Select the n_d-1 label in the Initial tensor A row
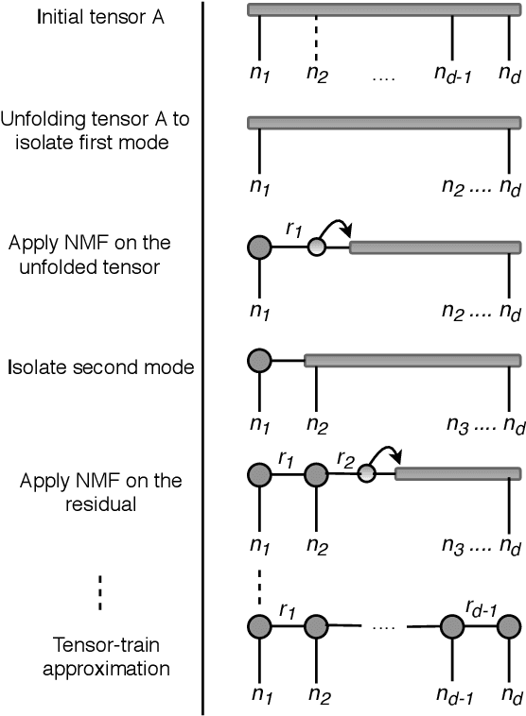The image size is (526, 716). pyautogui.click(x=453, y=72)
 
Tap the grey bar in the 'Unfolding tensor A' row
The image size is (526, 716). pyautogui.click(x=383, y=123)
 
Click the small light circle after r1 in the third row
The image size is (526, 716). pyautogui.click(x=317, y=247)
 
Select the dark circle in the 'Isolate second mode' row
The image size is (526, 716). pyautogui.click(x=259, y=360)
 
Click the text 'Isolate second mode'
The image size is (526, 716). pyautogui.click(x=99, y=366)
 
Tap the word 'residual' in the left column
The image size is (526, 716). pyautogui.click(x=99, y=503)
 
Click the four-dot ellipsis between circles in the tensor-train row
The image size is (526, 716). pyautogui.click(x=383, y=626)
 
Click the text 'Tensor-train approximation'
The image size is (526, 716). pyautogui.click(x=98, y=656)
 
